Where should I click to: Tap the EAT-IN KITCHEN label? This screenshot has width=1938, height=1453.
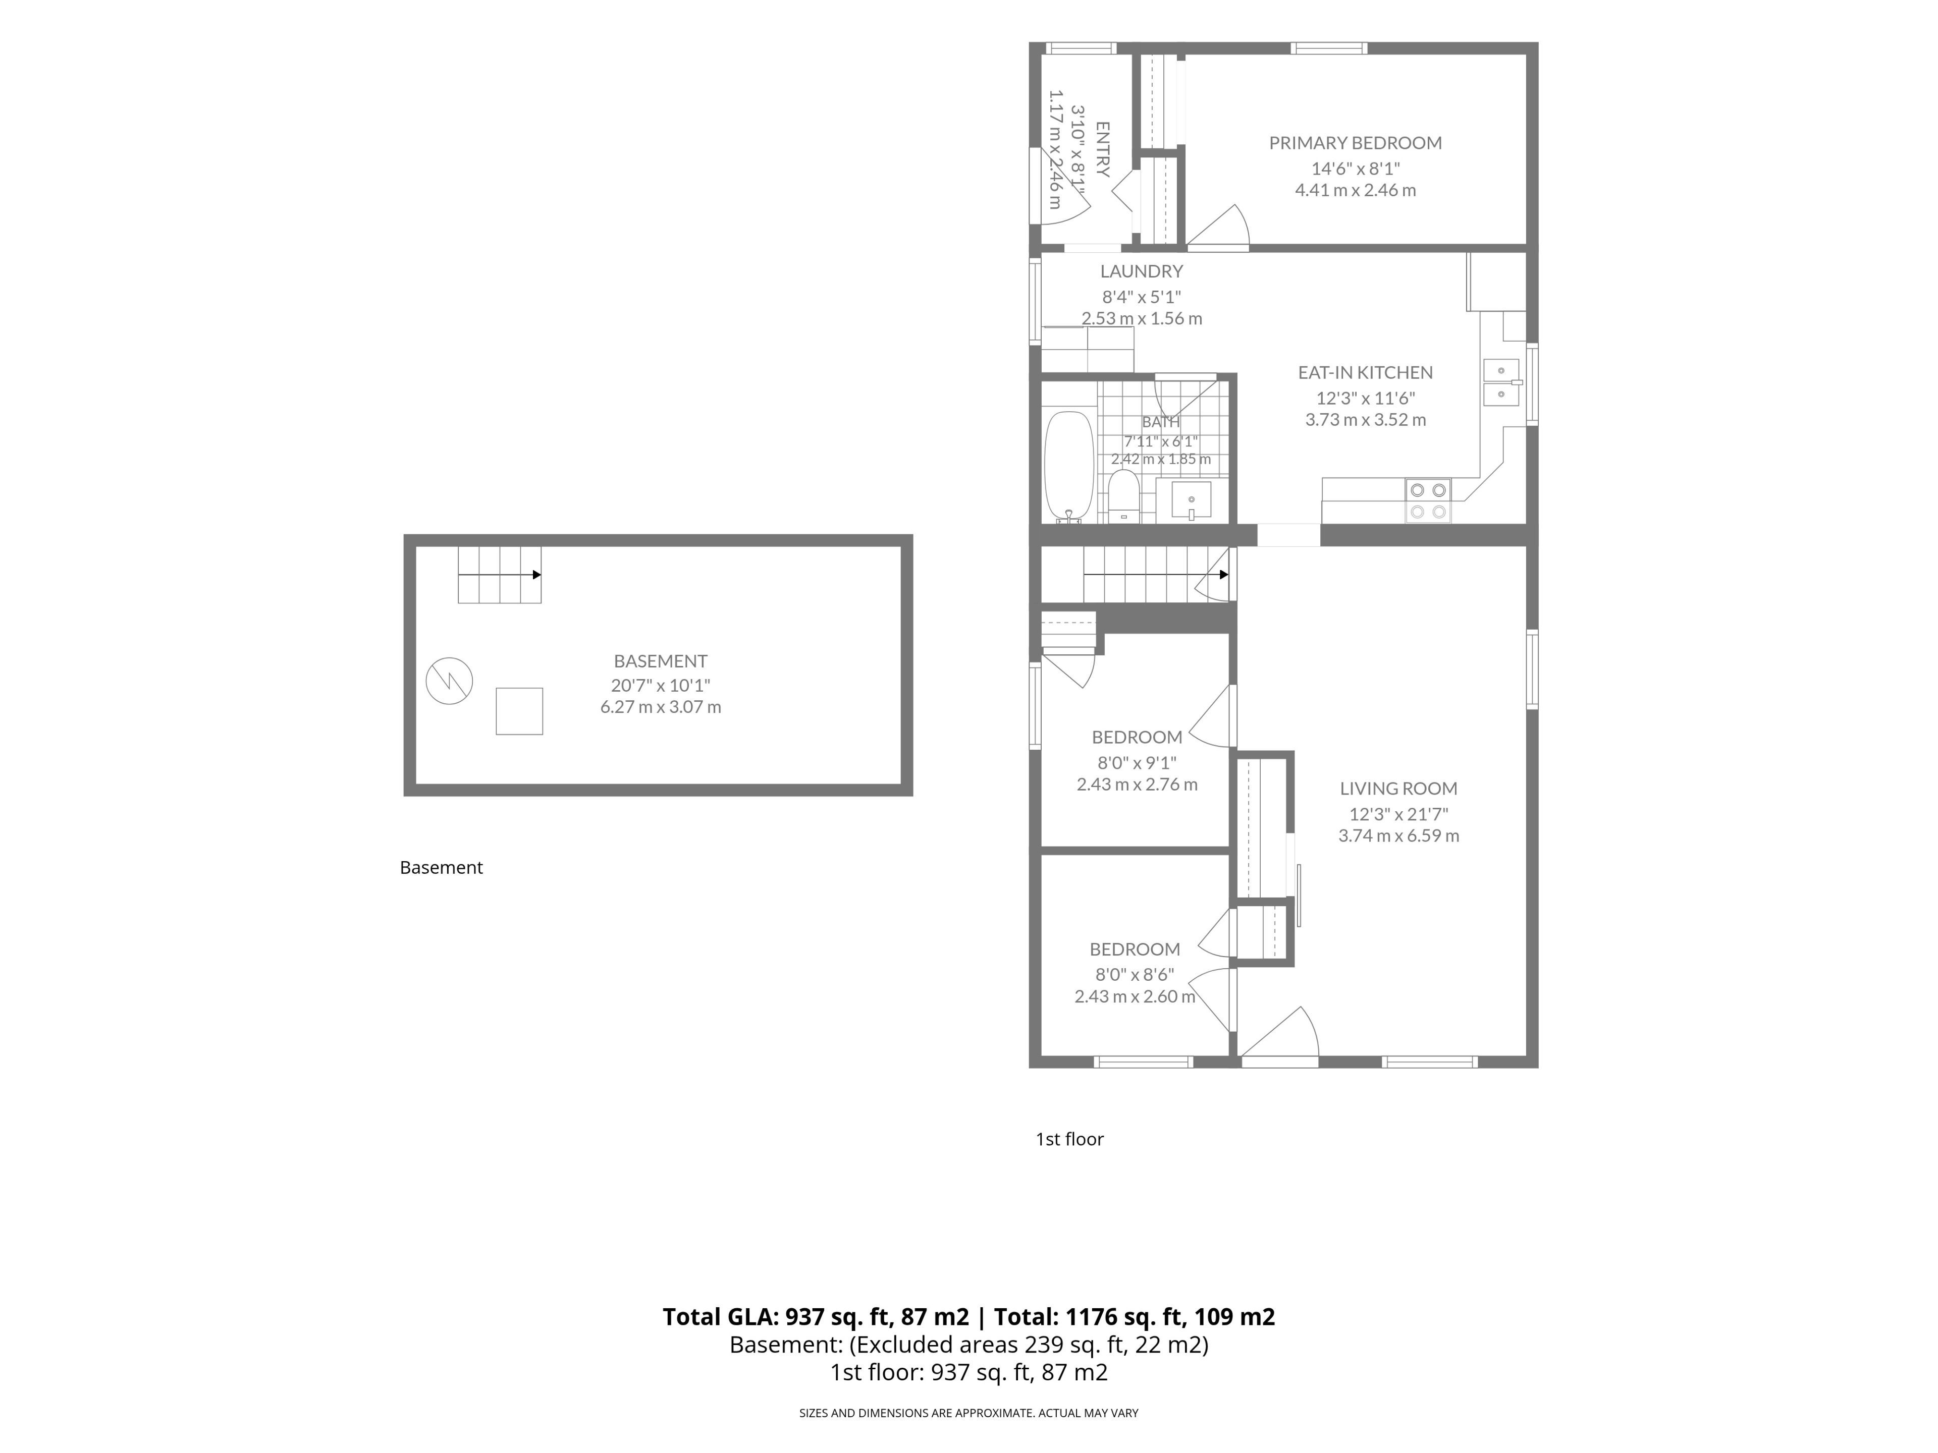[x=1365, y=372]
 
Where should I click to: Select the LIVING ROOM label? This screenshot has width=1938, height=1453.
[x=1398, y=788]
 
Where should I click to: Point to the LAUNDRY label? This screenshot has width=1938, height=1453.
[x=1142, y=271]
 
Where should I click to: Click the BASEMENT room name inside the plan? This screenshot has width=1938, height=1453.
[x=661, y=661]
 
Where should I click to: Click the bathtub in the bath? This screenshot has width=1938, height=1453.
[x=1069, y=467]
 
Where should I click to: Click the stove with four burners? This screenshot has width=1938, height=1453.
[x=1428, y=501]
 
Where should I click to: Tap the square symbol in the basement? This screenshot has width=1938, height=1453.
[x=519, y=711]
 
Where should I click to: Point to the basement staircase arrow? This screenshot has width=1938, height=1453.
[x=500, y=575]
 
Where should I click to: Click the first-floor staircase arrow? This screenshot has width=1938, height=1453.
[x=1156, y=575]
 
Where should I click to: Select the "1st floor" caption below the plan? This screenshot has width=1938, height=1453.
[x=1070, y=1139]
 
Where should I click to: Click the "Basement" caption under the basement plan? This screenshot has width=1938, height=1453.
[x=442, y=867]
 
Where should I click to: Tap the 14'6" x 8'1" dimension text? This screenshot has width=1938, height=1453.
[x=1356, y=168]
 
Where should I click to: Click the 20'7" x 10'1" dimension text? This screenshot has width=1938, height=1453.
[x=661, y=685]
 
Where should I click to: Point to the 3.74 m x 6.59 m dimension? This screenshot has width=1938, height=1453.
[x=1398, y=835]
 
